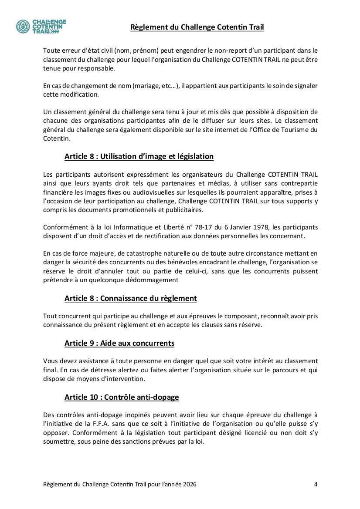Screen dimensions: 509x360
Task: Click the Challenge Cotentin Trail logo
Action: click(x=41, y=27)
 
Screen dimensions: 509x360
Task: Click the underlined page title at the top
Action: click(x=197, y=27)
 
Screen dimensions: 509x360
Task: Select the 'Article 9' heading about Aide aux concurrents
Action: click(x=119, y=343)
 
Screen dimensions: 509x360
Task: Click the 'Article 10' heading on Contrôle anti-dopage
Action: click(x=122, y=397)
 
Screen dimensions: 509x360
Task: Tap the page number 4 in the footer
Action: click(x=316, y=484)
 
